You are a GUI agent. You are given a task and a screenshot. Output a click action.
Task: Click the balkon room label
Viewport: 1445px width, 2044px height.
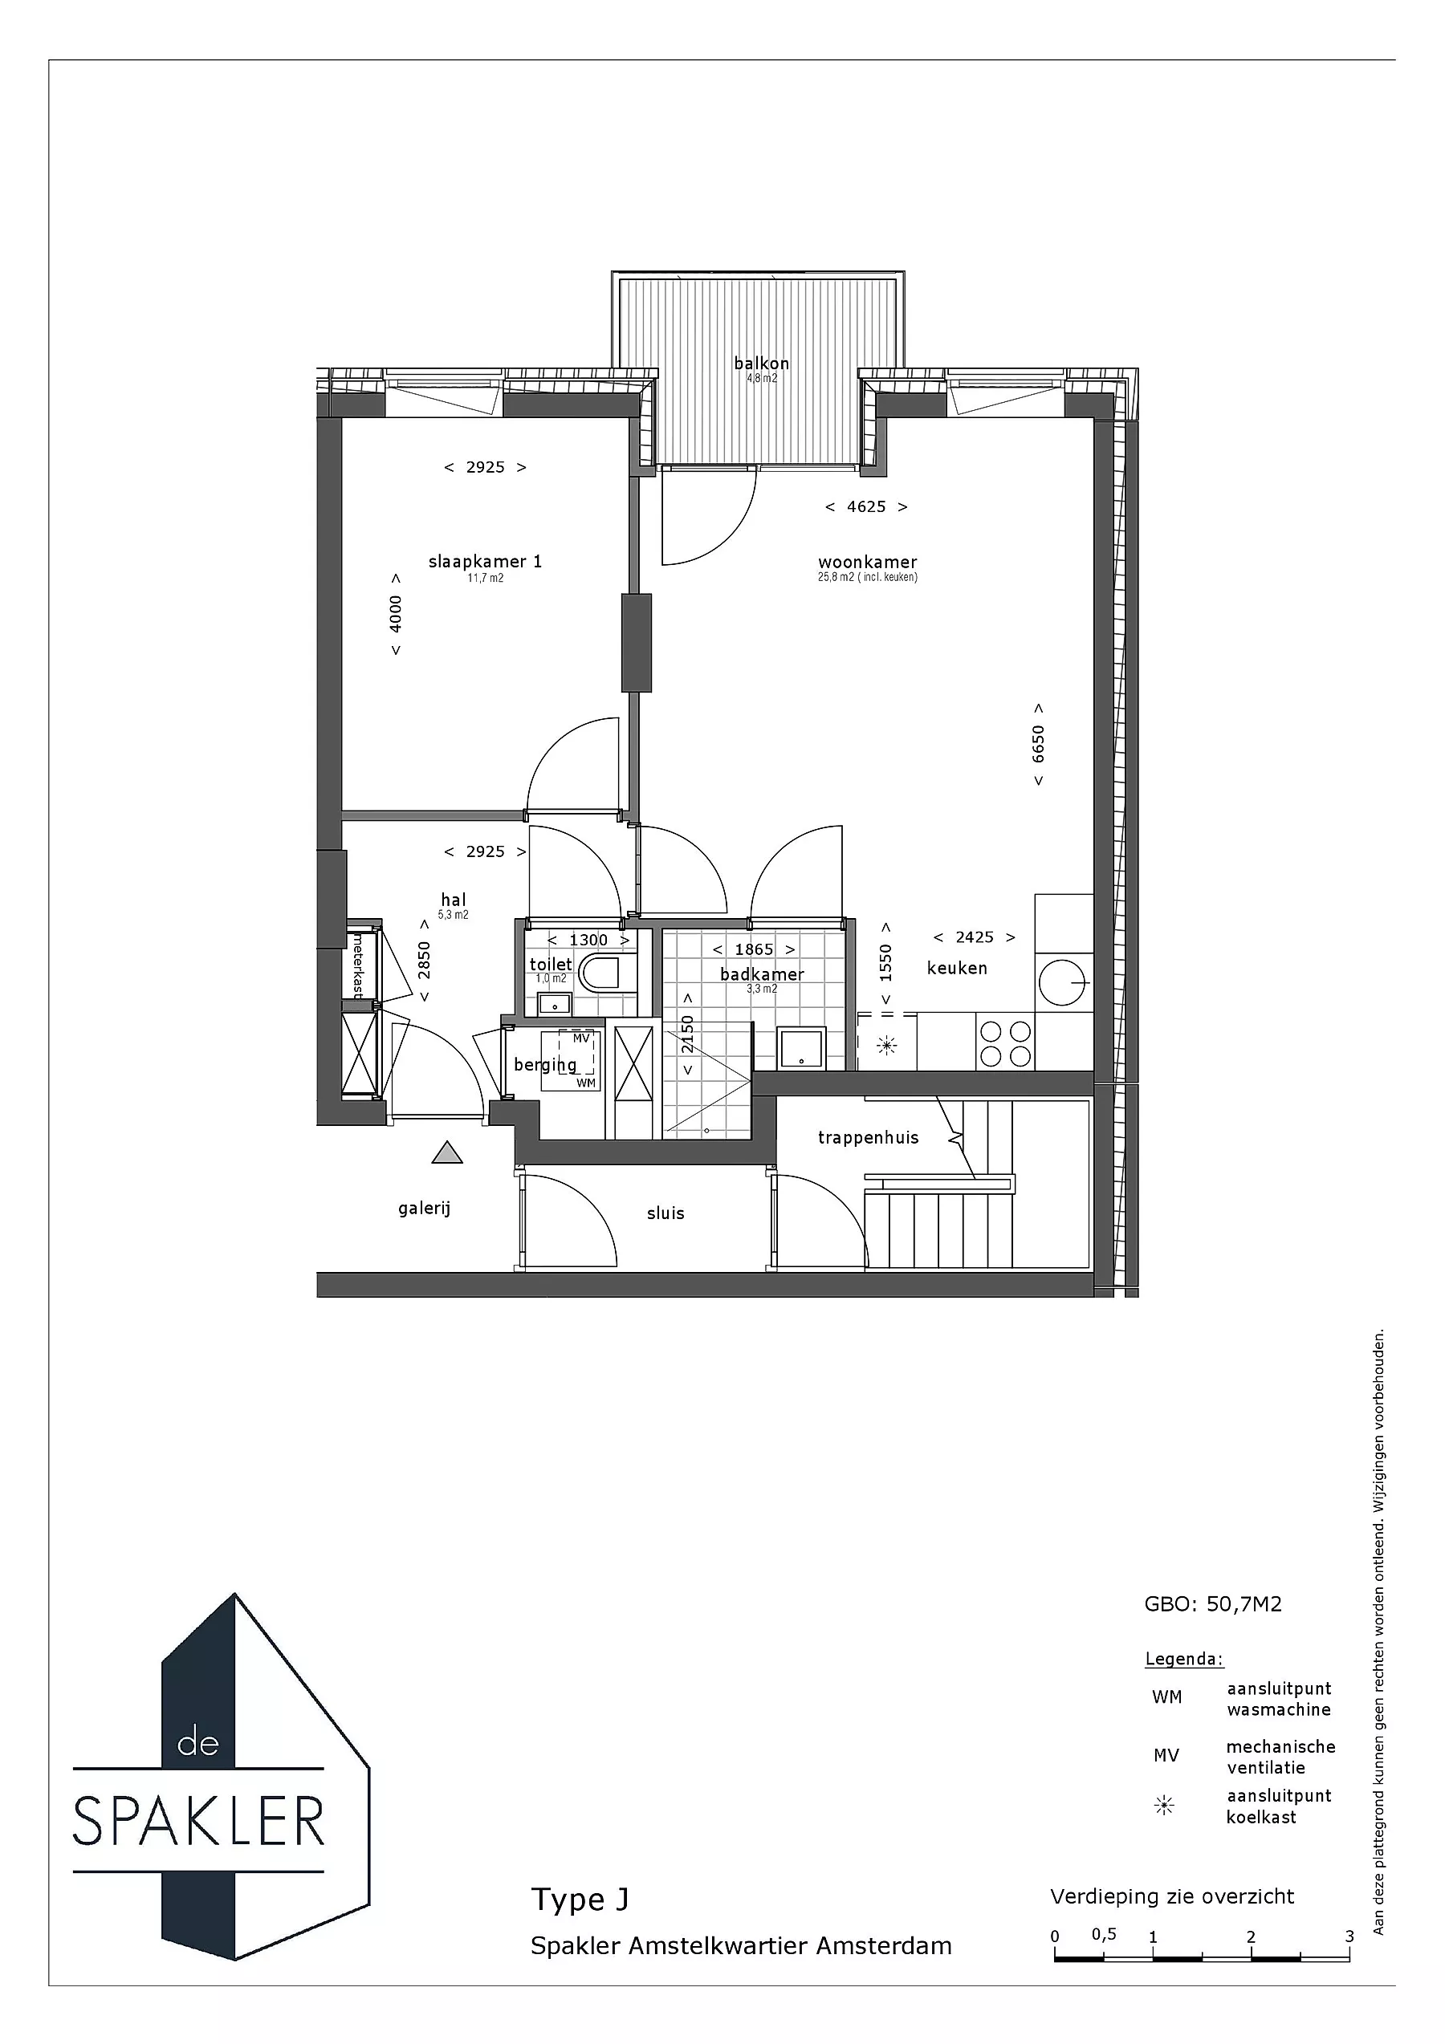[x=761, y=364]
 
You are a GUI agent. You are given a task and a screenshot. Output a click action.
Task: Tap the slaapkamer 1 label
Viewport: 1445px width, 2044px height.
[x=485, y=562]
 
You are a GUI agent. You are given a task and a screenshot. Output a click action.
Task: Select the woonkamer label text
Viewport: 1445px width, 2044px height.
[x=867, y=562]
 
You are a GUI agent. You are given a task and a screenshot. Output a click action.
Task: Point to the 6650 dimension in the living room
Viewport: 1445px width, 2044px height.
[x=1038, y=744]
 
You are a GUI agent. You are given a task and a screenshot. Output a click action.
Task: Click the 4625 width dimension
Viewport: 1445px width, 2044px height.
[x=866, y=506]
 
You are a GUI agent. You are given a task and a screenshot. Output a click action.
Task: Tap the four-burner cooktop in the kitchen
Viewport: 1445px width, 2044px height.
[x=1005, y=1043]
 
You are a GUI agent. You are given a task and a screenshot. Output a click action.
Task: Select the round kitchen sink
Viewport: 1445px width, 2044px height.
[x=1062, y=983]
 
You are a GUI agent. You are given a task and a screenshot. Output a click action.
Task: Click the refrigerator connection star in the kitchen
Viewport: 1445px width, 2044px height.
[x=887, y=1045]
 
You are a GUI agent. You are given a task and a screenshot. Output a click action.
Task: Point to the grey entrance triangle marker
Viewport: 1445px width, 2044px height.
[x=447, y=1153]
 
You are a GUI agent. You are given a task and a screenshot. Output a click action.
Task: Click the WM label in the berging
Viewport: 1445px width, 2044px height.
[x=586, y=1083]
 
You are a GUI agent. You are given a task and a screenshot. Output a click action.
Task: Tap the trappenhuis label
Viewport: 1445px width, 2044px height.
[x=868, y=1138]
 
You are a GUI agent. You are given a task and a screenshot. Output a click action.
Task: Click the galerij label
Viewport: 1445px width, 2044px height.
[x=425, y=1209]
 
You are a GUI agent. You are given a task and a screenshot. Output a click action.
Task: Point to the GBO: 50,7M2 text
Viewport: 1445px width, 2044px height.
[x=1213, y=1604]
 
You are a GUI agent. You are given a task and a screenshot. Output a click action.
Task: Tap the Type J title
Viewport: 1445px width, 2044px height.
[x=580, y=1899]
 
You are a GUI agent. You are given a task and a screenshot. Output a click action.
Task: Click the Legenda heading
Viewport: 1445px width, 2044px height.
[x=1184, y=1660]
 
